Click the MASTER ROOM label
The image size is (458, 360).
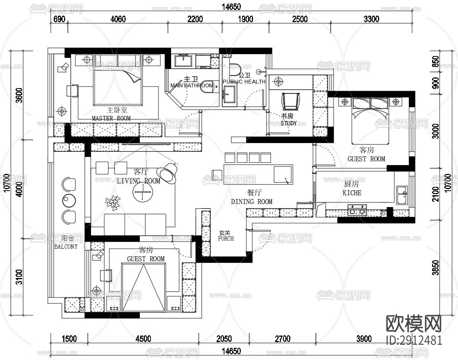111,118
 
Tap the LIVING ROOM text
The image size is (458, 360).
138,181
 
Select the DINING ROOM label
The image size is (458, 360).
251,201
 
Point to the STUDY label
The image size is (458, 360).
288,123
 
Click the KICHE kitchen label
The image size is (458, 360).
352,193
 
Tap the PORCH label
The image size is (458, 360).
226,239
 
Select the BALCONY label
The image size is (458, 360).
66,246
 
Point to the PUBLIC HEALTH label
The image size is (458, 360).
244,82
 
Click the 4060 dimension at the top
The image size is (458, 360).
117,19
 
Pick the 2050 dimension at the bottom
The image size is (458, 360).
223,339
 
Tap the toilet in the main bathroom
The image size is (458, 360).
206,86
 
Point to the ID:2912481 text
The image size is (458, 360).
414,340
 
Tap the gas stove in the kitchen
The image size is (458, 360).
357,211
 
